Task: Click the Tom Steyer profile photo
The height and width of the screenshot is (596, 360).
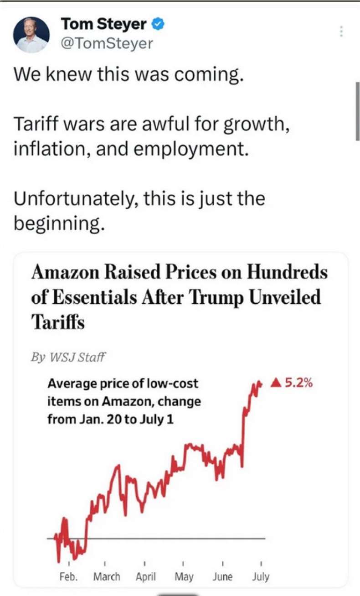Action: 31,35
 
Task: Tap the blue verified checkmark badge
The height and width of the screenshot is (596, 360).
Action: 158,24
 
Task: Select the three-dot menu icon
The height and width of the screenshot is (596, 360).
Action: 340,31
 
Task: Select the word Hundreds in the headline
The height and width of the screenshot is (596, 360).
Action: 287,273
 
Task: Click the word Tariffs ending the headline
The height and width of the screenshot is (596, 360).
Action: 58,322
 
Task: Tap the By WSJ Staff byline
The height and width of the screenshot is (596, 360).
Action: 68,357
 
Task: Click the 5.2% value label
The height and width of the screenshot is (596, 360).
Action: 298,383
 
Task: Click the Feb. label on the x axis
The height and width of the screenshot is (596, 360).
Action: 68,576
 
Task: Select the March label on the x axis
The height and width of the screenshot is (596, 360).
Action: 107,576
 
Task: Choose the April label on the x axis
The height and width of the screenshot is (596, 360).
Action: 145,576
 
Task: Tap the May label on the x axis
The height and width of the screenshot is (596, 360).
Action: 184,576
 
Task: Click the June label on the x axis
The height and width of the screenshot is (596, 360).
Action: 222,576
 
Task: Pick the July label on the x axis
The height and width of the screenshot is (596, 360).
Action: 261,576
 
